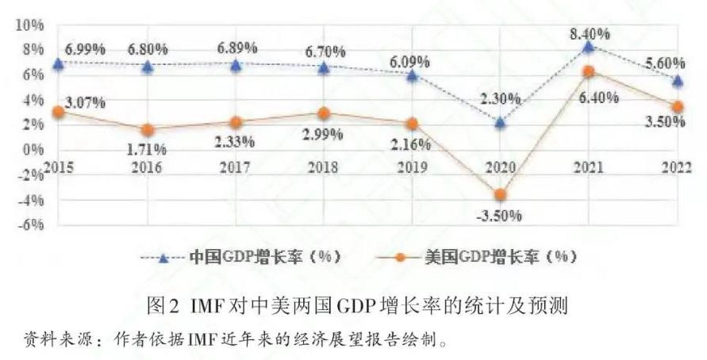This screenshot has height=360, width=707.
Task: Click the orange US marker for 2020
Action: pos(500,194)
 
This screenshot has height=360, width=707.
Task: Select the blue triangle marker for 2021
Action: pos(588,47)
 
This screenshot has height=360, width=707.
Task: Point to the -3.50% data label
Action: pos(498,216)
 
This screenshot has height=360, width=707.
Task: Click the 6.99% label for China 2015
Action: pos(85,48)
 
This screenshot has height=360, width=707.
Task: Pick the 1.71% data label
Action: pos(147,148)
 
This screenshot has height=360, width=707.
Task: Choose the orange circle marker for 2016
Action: pos(147,130)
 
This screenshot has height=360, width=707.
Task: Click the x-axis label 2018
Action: pos(323,167)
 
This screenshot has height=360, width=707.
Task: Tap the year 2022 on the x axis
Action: pos(676,167)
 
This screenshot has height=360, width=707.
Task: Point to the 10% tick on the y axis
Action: pos(30,25)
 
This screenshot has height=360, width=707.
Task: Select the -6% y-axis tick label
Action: pos(30,224)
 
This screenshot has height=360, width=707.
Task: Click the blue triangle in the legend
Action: pos(163,259)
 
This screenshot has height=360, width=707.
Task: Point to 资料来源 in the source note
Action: pos(50,339)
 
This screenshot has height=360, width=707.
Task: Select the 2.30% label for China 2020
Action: pos(501,98)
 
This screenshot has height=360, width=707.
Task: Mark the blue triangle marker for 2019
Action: pos(411,75)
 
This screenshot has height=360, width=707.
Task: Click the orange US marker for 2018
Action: pos(323,113)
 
